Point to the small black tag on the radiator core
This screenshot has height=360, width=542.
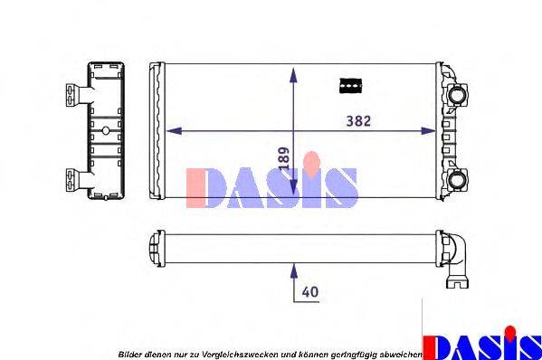[x=349, y=84]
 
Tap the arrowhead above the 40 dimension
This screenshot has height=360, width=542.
[x=293, y=268]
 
